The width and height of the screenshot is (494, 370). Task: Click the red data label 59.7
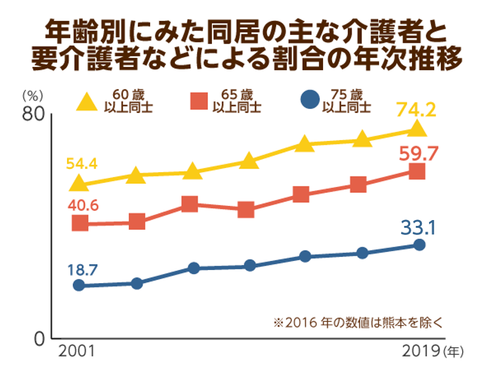[418, 154]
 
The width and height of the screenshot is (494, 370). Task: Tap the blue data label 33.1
[417, 228]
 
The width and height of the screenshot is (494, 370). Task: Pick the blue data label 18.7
[81, 268]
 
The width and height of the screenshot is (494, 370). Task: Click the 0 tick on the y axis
[38, 339]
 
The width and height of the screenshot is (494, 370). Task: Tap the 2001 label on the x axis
[77, 352]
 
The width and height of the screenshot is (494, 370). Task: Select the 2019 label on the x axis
[421, 352]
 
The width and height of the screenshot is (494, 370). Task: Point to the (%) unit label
[30, 94]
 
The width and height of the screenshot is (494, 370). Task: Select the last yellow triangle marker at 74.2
[418, 129]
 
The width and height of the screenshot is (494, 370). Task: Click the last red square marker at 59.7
[417, 171]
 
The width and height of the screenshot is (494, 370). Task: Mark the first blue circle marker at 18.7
[79, 286]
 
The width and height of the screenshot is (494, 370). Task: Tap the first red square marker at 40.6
[80, 223]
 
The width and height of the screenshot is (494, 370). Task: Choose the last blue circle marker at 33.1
[419, 245]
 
